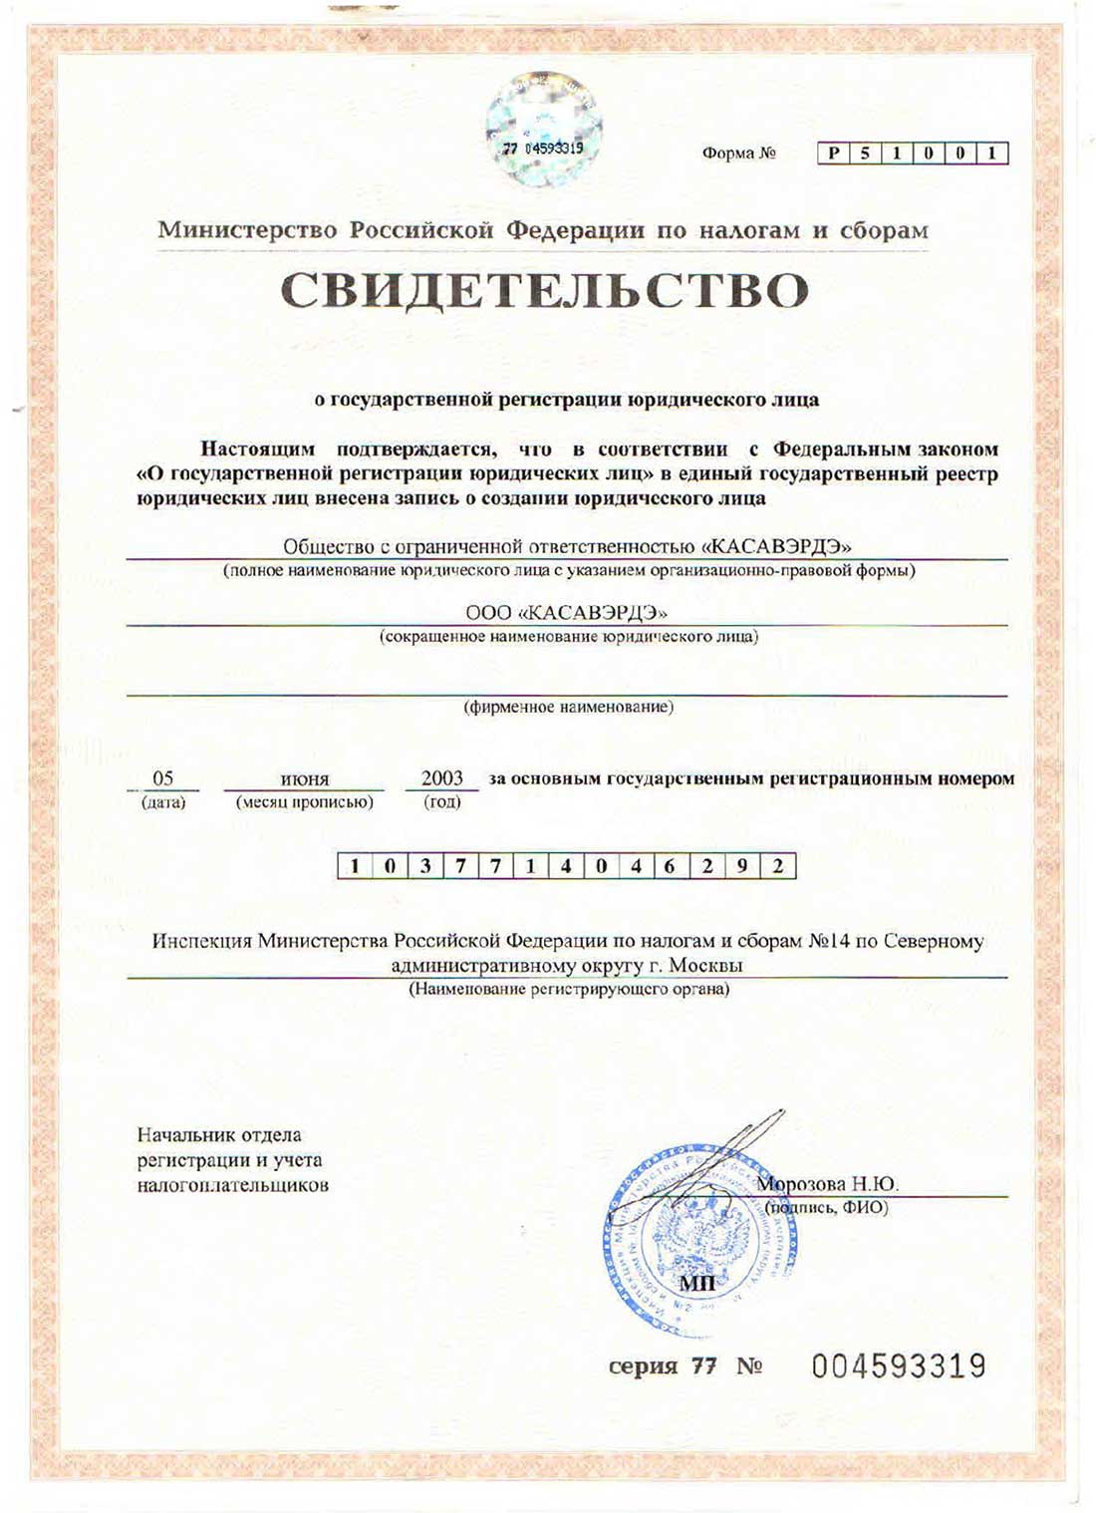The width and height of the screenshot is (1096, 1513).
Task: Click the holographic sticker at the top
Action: pyautogui.click(x=544, y=132)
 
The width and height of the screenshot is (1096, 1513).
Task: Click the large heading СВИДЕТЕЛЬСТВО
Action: pyautogui.click(x=544, y=290)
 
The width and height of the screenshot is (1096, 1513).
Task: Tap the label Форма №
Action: pyautogui.click(x=738, y=153)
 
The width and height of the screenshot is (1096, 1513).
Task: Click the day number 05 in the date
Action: pyautogui.click(x=162, y=778)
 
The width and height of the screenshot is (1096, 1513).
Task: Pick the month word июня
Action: pyautogui.click(x=305, y=779)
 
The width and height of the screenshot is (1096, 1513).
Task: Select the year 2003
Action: pyautogui.click(x=441, y=777)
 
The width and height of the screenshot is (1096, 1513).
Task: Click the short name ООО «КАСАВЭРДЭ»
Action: pyautogui.click(x=566, y=612)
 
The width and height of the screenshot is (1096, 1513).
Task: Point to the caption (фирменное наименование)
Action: pyautogui.click(x=568, y=707)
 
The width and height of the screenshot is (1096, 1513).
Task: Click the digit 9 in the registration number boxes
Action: pyautogui.click(x=742, y=866)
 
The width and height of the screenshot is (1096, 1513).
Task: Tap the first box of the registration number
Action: pyautogui.click(x=355, y=866)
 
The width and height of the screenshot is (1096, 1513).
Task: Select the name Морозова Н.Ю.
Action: pyautogui.click(x=827, y=1184)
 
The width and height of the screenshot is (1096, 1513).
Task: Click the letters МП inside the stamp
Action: pyautogui.click(x=696, y=1283)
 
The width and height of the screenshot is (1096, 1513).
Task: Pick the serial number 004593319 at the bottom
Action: pyautogui.click(x=898, y=1365)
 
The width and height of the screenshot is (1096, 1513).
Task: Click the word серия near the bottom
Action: pyautogui.click(x=643, y=1366)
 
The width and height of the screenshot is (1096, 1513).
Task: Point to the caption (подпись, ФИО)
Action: pyautogui.click(x=826, y=1207)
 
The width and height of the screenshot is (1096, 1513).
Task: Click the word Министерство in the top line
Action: pyautogui.click(x=248, y=230)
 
